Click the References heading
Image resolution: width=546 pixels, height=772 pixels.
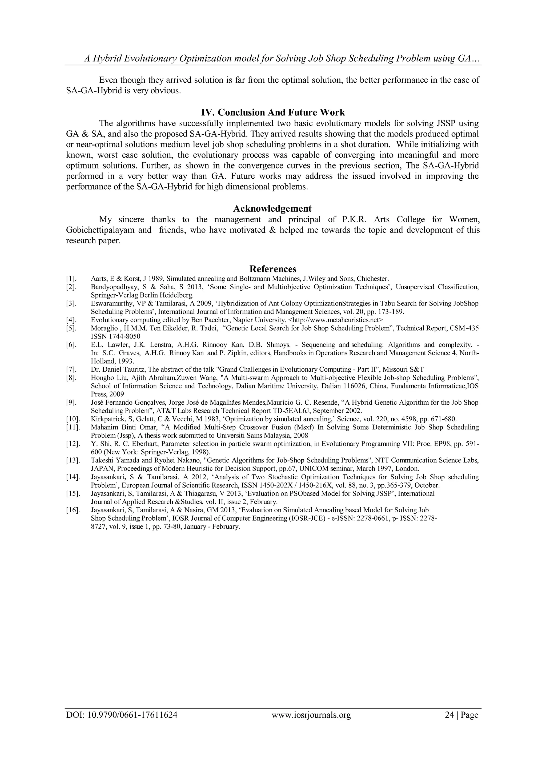(273, 269)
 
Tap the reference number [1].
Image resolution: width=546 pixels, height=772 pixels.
(71, 279)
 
